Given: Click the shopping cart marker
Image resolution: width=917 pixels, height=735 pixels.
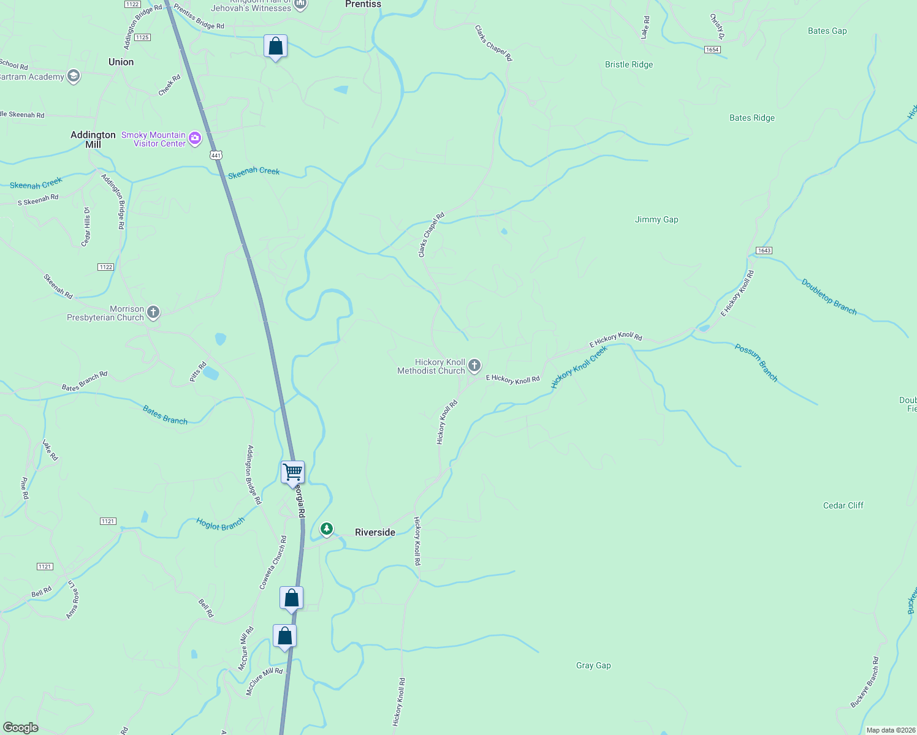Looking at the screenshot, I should (x=293, y=472).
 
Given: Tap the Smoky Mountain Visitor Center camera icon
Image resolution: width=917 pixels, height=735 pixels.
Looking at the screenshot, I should (x=195, y=138).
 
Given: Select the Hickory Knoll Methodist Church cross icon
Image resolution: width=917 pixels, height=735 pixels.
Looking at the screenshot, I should (x=474, y=366).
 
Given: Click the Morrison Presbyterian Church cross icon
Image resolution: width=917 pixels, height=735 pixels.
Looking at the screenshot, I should (x=153, y=313).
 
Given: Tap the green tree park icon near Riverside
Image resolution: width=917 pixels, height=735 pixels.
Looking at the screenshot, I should (x=327, y=529).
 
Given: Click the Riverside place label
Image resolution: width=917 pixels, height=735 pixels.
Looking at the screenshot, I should (x=375, y=532).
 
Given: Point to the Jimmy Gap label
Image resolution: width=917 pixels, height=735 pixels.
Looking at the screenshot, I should (x=656, y=219).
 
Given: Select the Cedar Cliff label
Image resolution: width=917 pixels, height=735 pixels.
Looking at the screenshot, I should (x=843, y=505).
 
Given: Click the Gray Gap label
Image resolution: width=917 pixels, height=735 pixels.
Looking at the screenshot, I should (x=593, y=665).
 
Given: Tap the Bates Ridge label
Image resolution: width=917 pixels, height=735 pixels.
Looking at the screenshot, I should (x=751, y=118).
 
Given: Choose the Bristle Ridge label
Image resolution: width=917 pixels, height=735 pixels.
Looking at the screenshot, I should (x=629, y=64).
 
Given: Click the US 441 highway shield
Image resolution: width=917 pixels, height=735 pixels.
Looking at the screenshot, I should (x=216, y=155).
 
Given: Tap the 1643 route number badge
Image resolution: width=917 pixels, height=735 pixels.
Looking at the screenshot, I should (x=764, y=251).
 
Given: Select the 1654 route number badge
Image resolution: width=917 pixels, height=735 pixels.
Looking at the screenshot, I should (x=712, y=50).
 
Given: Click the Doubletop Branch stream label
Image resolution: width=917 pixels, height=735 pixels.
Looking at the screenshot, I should (x=829, y=296).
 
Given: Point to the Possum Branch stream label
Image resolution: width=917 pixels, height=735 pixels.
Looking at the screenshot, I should (x=756, y=363).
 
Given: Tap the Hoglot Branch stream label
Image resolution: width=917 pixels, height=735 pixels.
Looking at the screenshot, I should (x=220, y=524).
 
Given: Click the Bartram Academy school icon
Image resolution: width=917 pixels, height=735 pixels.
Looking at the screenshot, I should (x=74, y=77).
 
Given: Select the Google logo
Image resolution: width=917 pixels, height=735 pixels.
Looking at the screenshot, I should (x=21, y=728).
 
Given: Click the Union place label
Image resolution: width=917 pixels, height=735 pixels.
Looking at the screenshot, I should (x=121, y=62).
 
